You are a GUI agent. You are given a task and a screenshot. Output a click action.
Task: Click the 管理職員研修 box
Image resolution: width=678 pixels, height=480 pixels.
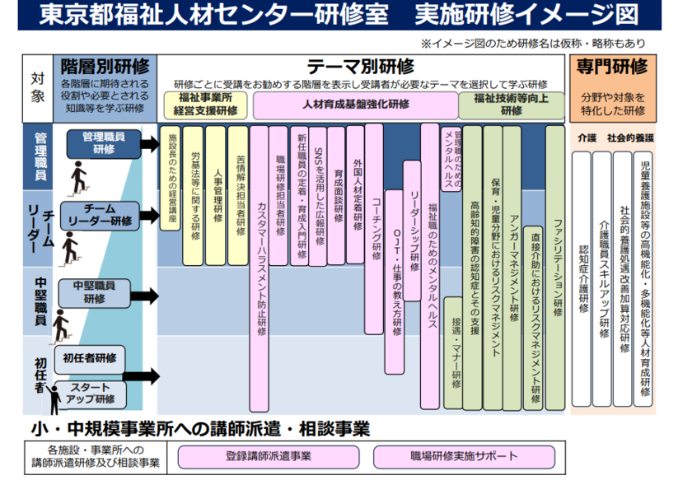(104, 143)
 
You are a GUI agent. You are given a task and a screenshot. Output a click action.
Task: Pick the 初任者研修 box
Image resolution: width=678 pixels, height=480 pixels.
(89, 358)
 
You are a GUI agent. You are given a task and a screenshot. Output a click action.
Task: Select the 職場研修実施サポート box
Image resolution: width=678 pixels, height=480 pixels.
(464, 455)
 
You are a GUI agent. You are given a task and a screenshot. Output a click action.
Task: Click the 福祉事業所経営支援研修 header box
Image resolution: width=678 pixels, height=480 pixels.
(204, 105)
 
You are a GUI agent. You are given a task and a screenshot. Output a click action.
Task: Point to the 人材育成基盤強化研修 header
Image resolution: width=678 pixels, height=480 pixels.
(355, 105)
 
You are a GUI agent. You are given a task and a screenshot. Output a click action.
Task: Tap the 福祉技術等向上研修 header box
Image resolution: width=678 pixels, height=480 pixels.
(512, 105)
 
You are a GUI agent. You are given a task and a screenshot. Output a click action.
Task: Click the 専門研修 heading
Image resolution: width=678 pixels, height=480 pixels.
(611, 66)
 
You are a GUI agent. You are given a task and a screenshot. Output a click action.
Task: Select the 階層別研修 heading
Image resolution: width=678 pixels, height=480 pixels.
(105, 66)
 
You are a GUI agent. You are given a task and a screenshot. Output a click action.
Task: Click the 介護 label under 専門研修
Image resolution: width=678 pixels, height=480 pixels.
(586, 137)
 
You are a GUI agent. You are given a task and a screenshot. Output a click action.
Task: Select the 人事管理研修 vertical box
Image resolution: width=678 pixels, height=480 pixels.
(216, 195)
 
